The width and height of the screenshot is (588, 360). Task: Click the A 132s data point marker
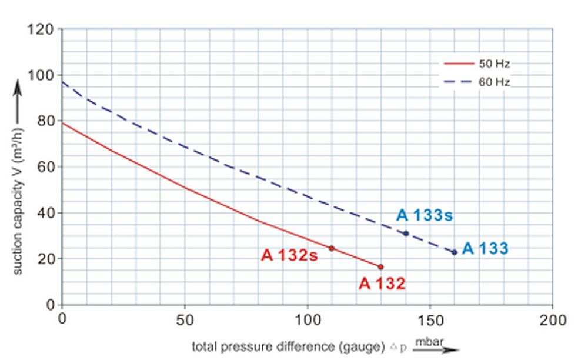pyautogui.click(x=332, y=248)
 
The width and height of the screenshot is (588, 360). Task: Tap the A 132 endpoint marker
pyautogui.click(x=380, y=267)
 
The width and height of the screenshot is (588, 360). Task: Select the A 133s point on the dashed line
pyautogui.click(x=406, y=234)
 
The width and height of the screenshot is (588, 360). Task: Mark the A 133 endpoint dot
pyautogui.click(x=455, y=252)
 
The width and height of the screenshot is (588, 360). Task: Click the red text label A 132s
pyautogui.click(x=290, y=256)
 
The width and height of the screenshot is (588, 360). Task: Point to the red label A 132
pyautogui.click(x=382, y=284)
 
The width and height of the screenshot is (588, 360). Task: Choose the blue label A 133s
pyautogui.click(x=425, y=215)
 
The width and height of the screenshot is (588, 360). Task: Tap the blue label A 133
pyautogui.click(x=485, y=249)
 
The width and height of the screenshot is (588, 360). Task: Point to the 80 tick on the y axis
pyautogui.click(x=46, y=121)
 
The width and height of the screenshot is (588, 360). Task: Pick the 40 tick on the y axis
pyautogui.click(x=46, y=212)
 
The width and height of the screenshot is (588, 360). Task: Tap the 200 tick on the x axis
pyautogui.click(x=553, y=320)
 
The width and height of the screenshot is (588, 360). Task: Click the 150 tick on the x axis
pyautogui.click(x=430, y=320)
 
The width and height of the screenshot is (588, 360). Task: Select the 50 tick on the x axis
pyautogui.click(x=185, y=320)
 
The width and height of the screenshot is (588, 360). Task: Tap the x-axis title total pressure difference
pyautogui.click(x=288, y=346)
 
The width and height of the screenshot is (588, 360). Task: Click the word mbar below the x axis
pyautogui.click(x=429, y=341)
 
